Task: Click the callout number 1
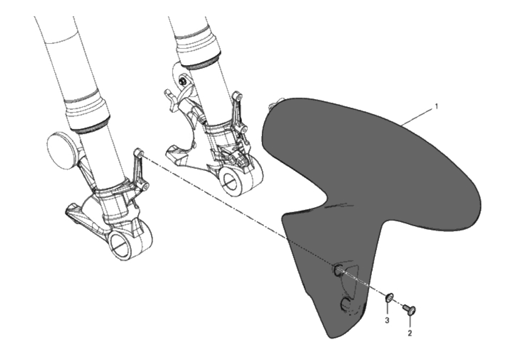coord(437,106)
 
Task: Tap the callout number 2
coord(409,333)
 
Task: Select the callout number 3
coord(387,320)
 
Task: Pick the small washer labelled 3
coord(389,297)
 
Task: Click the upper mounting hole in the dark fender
coord(338,270)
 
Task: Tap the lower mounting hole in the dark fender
coord(345,304)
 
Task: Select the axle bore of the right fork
coord(230,181)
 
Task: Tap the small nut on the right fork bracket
coord(183,80)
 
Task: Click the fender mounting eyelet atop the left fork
coord(138,153)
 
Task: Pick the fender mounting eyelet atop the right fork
coord(238,96)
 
